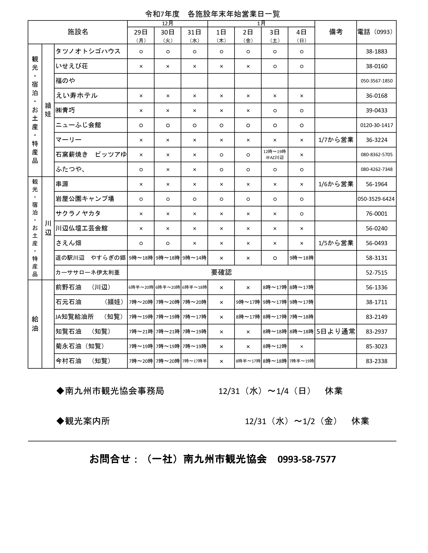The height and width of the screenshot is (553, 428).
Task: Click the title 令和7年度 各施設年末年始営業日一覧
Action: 212,14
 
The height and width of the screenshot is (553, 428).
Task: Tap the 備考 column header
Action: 336,32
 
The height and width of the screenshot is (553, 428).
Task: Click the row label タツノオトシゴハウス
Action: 88,51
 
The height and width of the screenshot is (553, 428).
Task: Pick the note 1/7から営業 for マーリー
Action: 336,140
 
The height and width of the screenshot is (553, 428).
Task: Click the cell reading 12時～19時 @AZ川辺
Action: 275,155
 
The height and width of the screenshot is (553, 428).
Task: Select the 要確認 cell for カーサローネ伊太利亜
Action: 221,272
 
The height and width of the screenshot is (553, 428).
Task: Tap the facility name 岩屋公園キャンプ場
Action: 85,199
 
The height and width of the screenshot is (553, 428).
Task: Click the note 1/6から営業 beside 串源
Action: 336,184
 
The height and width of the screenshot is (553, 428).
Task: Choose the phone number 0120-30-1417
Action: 376,125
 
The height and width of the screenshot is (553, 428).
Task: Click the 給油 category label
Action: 35,324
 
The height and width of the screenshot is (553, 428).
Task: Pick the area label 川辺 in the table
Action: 48,228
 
